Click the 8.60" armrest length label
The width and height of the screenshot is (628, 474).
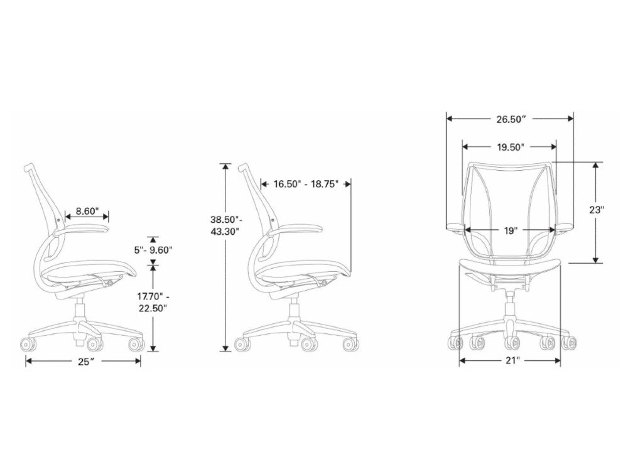(87, 212)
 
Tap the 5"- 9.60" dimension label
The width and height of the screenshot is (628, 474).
(153, 249)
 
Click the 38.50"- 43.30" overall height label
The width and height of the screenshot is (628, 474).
(225, 225)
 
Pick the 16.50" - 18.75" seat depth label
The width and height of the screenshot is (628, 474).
(306, 184)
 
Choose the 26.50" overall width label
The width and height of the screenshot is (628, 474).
(510, 118)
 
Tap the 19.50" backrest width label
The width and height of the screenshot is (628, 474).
(510, 147)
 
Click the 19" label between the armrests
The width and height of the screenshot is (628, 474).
(510, 230)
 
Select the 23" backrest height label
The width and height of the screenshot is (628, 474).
(597, 210)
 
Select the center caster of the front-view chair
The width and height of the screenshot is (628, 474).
(511, 342)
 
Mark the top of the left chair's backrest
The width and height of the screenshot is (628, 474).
(28, 168)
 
